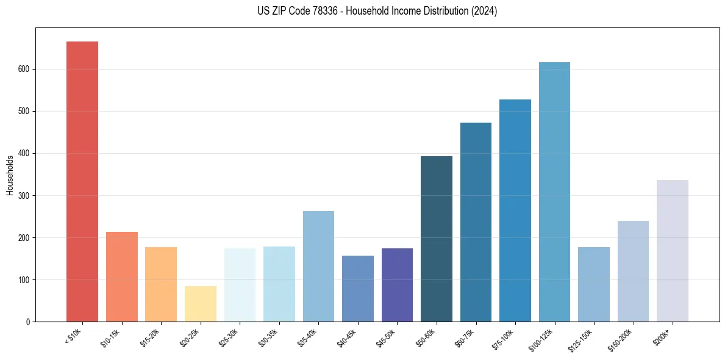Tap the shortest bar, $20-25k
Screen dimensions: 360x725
[201, 304]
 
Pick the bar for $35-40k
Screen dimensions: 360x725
[318, 266]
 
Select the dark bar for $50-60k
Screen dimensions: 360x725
[437, 239]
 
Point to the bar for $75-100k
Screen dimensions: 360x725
[515, 211]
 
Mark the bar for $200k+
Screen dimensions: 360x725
[673, 251]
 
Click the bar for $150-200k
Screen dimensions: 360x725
[633, 271]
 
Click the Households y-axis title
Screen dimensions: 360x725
[10, 175]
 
